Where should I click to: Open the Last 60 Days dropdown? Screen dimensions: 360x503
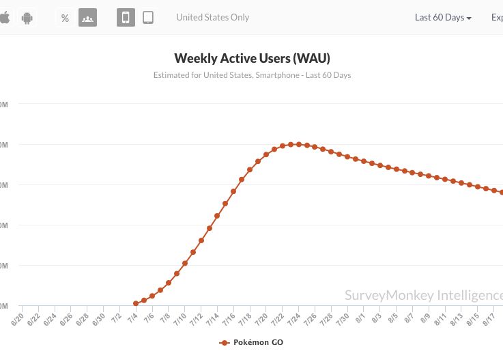[x=443, y=18]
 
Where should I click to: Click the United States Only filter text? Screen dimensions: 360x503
[x=212, y=18]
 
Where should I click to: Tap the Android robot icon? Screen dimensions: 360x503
[x=28, y=18]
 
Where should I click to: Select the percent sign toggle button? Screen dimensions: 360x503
[x=65, y=18]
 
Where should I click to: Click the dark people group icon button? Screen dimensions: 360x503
[x=87, y=18]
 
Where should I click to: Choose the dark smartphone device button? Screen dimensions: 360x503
[x=126, y=18]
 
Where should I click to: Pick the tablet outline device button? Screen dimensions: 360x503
[x=148, y=18]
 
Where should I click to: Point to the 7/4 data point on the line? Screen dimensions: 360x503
[x=136, y=303]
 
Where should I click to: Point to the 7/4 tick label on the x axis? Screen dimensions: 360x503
[x=132, y=318]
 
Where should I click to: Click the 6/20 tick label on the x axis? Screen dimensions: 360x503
[x=18, y=318]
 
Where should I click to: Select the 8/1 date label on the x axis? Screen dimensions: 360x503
[x=360, y=318]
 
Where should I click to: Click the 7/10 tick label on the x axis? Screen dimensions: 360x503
[x=181, y=318]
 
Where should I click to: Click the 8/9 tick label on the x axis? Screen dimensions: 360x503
[x=425, y=318]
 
